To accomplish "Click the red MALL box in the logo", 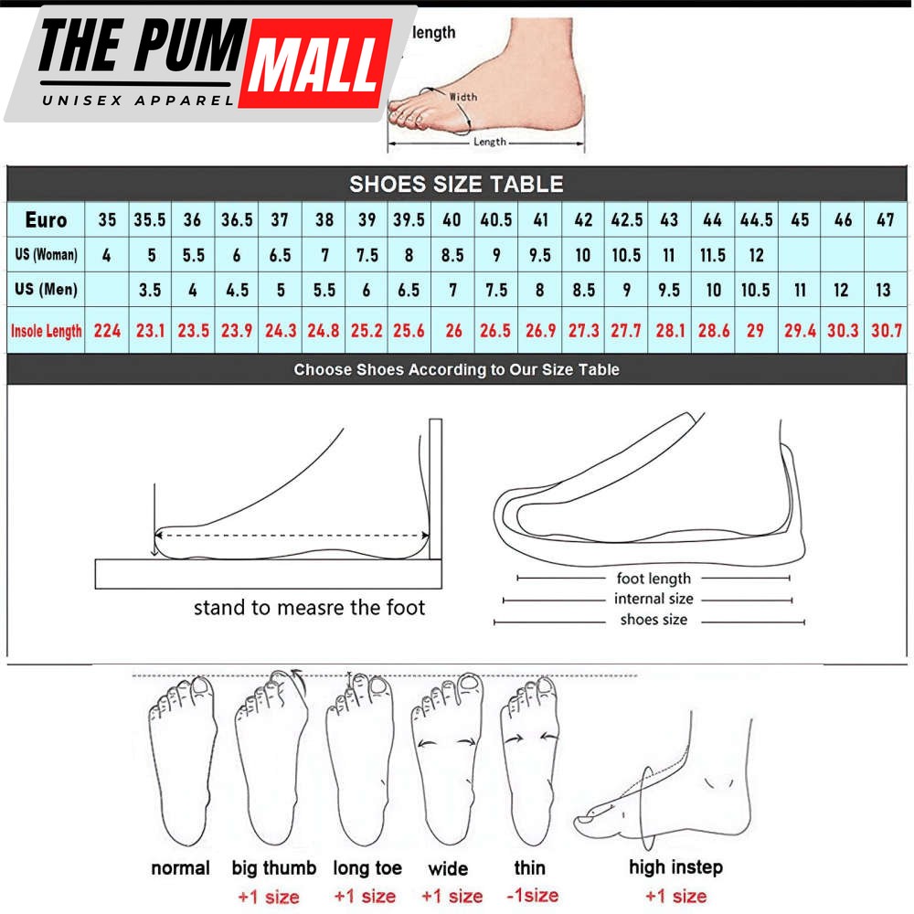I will pos(315,63).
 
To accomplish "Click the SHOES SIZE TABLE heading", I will pos(456,184).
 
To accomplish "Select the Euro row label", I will pos(46,220).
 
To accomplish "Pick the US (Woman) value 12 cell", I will pos(756,255).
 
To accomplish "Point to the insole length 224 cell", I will pos(107,330).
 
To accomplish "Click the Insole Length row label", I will pos(46,331).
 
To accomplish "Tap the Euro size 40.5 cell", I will pos(495,220).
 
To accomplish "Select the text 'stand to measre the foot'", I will pos(309,607).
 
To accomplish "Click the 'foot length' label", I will pos(654,578).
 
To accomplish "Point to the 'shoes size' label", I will pos(654,620).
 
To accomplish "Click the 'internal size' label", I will pos(654,599).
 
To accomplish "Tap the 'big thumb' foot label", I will pos(274,867).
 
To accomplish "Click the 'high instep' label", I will pos(675,866).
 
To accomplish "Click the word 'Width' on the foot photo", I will pos(462,97).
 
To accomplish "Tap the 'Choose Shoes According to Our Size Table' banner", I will pos(456,370).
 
